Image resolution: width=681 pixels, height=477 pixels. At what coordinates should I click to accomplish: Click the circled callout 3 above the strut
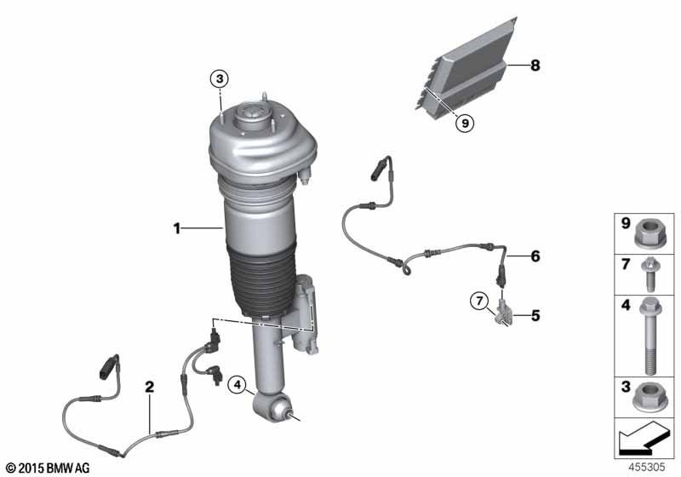point(220,79)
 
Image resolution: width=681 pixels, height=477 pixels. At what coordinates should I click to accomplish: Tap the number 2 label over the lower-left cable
point(149,387)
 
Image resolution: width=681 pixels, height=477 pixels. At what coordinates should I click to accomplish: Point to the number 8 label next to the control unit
point(535,65)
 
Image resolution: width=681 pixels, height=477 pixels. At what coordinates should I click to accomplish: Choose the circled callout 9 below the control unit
point(464,123)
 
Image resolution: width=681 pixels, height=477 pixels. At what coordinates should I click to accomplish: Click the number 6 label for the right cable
point(535,256)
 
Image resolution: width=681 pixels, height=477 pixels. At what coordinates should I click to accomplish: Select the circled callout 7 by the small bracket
point(479,300)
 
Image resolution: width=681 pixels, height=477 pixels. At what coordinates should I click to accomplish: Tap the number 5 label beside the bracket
point(535,315)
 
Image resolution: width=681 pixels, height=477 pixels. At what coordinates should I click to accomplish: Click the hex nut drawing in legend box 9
point(651,231)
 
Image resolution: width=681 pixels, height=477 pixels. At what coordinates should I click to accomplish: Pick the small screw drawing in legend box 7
point(651,273)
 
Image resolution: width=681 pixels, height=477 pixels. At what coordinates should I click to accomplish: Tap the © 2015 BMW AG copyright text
point(46,468)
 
